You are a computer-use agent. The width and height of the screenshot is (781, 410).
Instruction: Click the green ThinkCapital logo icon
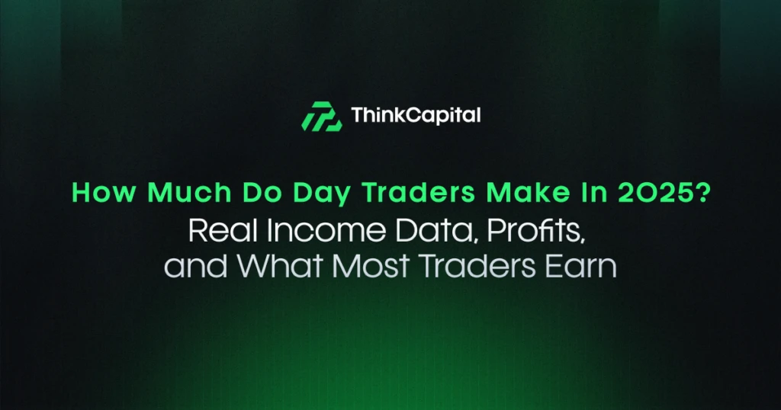coord(320,116)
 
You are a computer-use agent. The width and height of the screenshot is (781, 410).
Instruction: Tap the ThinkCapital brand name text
coord(416,116)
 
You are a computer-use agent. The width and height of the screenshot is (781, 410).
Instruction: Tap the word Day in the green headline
coord(286,194)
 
